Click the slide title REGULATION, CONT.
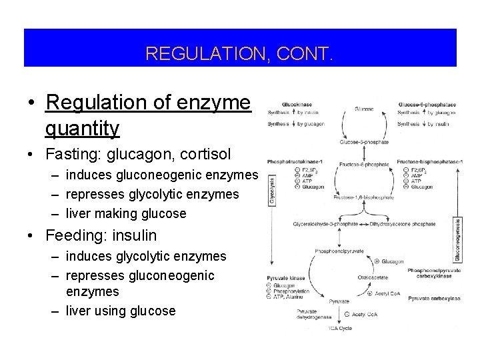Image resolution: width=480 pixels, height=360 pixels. (241, 53)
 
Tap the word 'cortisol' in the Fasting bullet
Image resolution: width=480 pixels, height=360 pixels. (199, 155)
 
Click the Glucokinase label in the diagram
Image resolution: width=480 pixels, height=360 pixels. (295, 105)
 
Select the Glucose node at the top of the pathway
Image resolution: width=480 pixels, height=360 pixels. (364, 108)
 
